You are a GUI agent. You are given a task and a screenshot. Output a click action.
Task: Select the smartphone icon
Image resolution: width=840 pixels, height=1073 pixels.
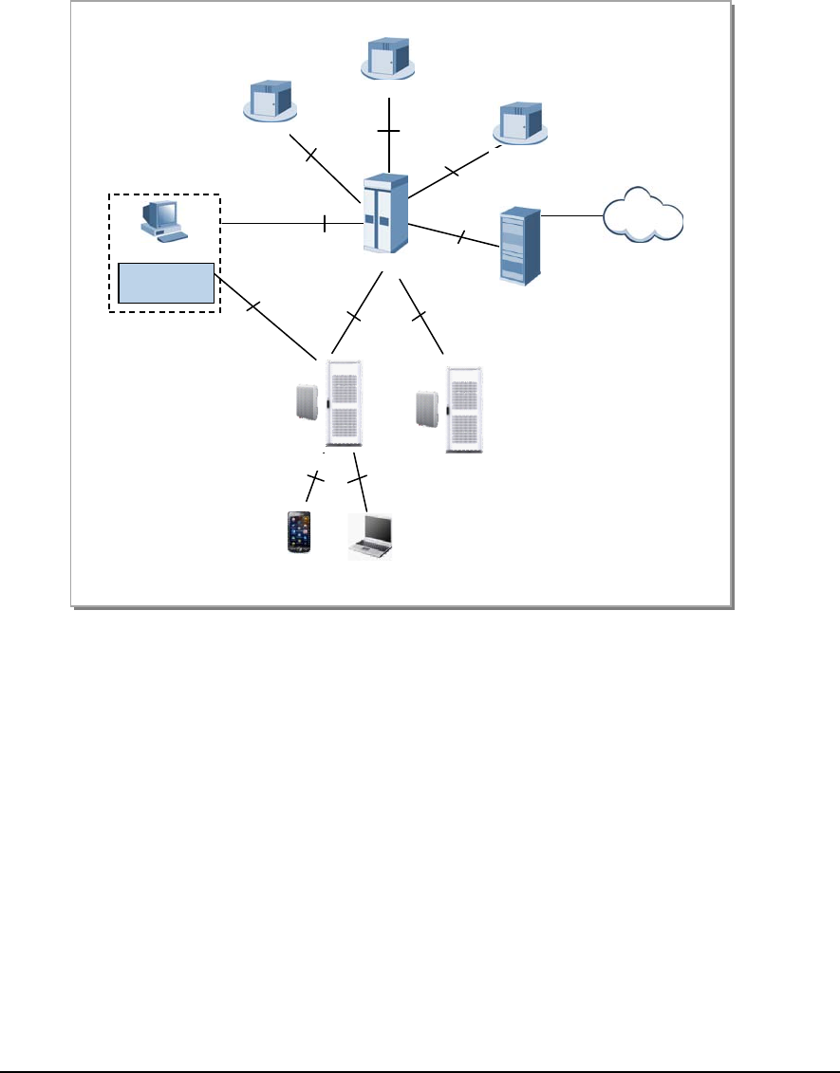[x=299, y=533]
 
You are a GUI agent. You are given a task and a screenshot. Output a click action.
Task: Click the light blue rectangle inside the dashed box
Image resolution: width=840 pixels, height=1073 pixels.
[x=165, y=283]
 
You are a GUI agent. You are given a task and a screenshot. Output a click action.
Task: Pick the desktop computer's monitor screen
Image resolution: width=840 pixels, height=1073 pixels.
[x=156, y=215]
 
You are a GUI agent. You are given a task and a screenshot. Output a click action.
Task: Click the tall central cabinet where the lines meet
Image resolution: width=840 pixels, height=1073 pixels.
[x=385, y=213]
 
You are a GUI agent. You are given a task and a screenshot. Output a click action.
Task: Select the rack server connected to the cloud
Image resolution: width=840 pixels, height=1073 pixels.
[x=519, y=247]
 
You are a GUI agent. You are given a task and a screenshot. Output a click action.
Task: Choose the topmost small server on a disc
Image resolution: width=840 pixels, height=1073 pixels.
[x=388, y=58]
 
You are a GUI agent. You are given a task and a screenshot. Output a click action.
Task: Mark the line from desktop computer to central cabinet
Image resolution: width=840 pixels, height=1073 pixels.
[x=285, y=224]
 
